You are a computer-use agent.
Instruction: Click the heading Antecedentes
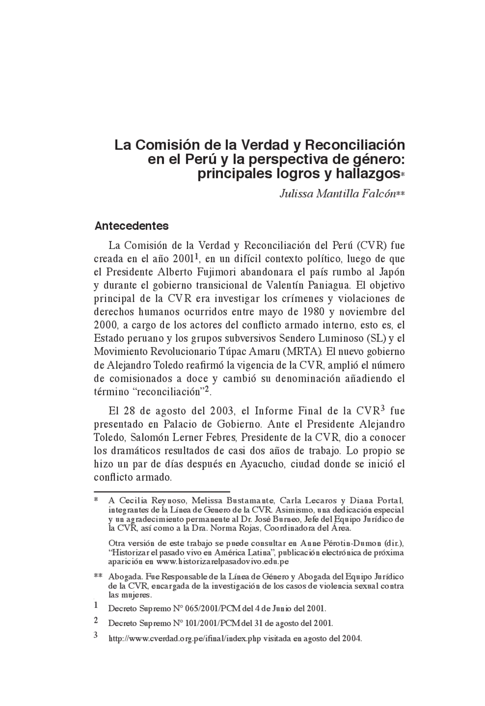[x=131, y=226]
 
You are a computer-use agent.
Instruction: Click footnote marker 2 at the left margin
[x=96, y=620]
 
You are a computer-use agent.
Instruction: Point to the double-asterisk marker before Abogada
[x=98, y=577]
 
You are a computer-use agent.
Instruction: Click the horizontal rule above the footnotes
[x=162, y=492]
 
